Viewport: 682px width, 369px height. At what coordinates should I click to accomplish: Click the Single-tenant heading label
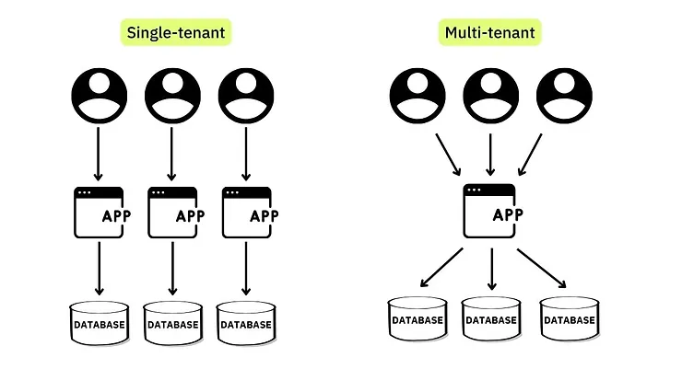point(174,33)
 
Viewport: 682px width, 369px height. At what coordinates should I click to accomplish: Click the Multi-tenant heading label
point(489,33)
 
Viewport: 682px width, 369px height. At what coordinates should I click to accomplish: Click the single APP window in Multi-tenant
point(490,211)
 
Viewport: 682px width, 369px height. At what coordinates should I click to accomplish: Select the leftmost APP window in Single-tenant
point(99,213)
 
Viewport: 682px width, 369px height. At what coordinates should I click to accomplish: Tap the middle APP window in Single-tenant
point(172,213)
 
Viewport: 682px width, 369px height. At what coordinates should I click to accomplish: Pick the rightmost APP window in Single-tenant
point(247,213)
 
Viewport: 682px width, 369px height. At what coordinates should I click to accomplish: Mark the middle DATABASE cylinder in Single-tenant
point(172,323)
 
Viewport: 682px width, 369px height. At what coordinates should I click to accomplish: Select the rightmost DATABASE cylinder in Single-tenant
point(246,323)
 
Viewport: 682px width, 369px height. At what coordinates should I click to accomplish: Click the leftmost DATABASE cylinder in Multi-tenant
point(417,319)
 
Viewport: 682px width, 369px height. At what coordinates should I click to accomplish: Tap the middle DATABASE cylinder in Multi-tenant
point(490,319)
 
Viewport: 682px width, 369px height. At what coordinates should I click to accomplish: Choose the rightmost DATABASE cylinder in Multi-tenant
point(568,319)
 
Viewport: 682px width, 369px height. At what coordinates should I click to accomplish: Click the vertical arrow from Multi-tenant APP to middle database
point(490,267)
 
